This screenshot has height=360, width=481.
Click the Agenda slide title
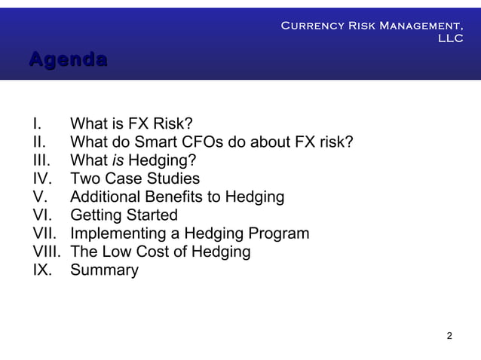tap(67, 59)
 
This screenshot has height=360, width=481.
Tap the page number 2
tap(449, 335)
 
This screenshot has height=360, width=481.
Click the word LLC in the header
tap(451, 39)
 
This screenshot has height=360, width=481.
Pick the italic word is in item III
tap(118, 160)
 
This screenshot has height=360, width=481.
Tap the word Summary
tap(104, 270)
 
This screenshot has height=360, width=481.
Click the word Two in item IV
tap(84, 178)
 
